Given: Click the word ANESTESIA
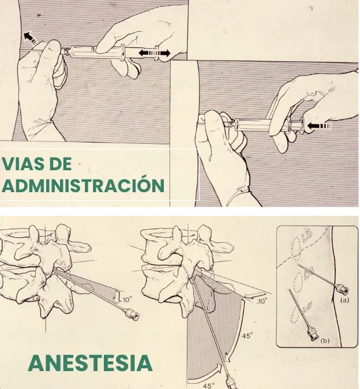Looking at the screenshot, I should (x=90, y=363).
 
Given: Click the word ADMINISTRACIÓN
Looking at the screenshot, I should (x=83, y=186).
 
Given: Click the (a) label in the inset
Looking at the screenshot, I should (x=344, y=300).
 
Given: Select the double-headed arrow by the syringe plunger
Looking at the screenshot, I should (x=154, y=53).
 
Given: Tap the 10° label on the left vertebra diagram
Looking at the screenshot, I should (x=126, y=300).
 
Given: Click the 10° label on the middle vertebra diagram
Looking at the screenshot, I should (x=262, y=301).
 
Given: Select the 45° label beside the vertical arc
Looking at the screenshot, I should (x=246, y=335).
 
